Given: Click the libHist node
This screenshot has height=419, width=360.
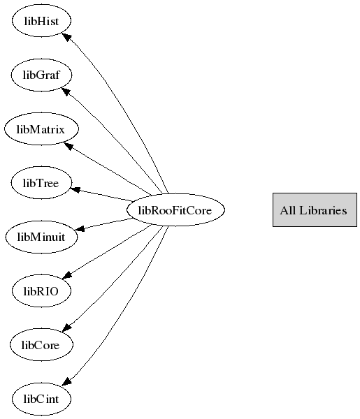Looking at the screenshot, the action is tap(41, 20).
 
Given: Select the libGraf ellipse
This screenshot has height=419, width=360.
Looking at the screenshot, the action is tap(41, 75).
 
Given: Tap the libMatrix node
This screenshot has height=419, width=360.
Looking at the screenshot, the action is tap(41, 129).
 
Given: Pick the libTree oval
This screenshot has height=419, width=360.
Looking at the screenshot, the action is tap(41, 183).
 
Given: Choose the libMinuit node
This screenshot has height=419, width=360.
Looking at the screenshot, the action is tap(41, 237).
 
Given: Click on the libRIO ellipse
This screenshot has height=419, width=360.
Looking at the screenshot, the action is tap(41, 291).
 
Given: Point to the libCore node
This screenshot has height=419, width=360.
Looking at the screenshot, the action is tap(41, 345).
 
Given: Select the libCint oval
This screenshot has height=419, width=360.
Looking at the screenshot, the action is tap(41, 399).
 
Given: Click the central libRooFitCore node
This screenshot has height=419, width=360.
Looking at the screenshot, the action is tap(175, 210).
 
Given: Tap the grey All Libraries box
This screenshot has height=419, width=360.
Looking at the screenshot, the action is tap(315, 210).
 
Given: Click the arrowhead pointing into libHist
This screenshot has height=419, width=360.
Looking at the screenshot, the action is tap(66, 37).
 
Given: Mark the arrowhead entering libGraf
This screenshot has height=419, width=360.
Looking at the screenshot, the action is tap(66, 91).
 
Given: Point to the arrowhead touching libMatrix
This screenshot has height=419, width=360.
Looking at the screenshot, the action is tap(69, 146).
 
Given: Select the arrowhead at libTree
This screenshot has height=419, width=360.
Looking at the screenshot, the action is tap(75, 189).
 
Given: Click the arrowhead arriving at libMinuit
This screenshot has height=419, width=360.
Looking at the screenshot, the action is tap(80, 228).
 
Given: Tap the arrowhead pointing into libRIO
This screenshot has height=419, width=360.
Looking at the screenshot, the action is tap(67, 275).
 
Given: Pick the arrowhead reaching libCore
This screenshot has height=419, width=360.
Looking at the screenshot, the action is tap(67, 328).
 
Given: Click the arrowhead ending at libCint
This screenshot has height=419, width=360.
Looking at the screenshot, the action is tap(66, 381).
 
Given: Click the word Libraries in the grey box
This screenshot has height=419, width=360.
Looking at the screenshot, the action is tap(323, 210).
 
